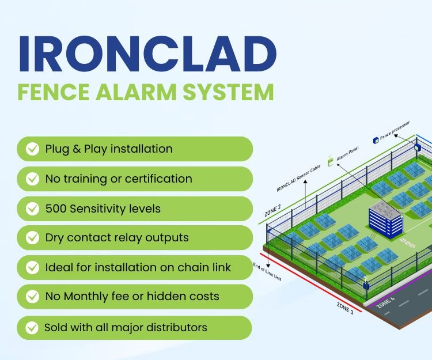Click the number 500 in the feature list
coord(56,209)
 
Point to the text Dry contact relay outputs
coord(117,238)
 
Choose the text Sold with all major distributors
coord(126,328)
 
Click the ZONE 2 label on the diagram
coord(272,211)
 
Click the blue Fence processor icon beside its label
coord(376,140)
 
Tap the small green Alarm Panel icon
coord(331,162)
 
